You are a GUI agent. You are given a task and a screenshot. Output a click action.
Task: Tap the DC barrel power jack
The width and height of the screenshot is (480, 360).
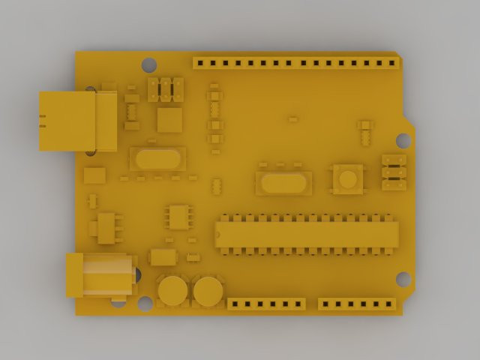(x=100, y=274)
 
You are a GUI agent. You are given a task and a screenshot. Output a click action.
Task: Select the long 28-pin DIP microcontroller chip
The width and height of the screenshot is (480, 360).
(x=307, y=234)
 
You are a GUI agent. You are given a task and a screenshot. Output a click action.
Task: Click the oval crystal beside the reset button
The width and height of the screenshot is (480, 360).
(x=283, y=182)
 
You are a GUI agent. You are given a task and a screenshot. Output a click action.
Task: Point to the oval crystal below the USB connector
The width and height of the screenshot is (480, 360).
(x=157, y=158)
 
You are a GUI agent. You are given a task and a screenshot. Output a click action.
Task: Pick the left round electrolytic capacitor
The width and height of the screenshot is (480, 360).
(x=172, y=290)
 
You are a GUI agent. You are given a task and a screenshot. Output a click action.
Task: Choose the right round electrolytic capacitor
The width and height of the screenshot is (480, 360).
(x=208, y=291)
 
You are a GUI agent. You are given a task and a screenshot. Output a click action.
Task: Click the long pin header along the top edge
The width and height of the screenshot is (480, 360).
(x=295, y=63)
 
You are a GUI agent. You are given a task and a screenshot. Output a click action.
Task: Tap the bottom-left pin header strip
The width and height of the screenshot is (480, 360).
(x=266, y=304)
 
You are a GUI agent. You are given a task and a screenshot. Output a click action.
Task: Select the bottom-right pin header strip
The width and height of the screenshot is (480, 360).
(x=357, y=304)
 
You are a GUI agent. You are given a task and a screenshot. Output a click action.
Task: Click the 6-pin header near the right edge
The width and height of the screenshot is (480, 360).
(x=394, y=172)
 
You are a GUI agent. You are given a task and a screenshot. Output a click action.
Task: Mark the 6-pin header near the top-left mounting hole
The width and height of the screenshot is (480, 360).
(x=166, y=89)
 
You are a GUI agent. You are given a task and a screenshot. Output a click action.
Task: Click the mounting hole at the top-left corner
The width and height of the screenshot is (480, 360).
(x=149, y=65)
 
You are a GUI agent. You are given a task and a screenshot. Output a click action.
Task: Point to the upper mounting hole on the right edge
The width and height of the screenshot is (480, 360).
(x=403, y=140)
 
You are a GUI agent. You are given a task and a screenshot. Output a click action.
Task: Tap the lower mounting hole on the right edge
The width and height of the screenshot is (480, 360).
(x=403, y=279)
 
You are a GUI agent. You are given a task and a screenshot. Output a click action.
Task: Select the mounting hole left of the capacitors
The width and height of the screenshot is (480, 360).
(x=145, y=303)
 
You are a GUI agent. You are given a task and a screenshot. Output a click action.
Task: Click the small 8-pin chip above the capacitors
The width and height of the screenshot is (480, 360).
(x=178, y=217)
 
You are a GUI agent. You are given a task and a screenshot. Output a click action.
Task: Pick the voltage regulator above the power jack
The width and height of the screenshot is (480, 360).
(x=106, y=228)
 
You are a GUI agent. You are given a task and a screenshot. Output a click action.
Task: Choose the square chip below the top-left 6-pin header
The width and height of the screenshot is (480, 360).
(x=169, y=120)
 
